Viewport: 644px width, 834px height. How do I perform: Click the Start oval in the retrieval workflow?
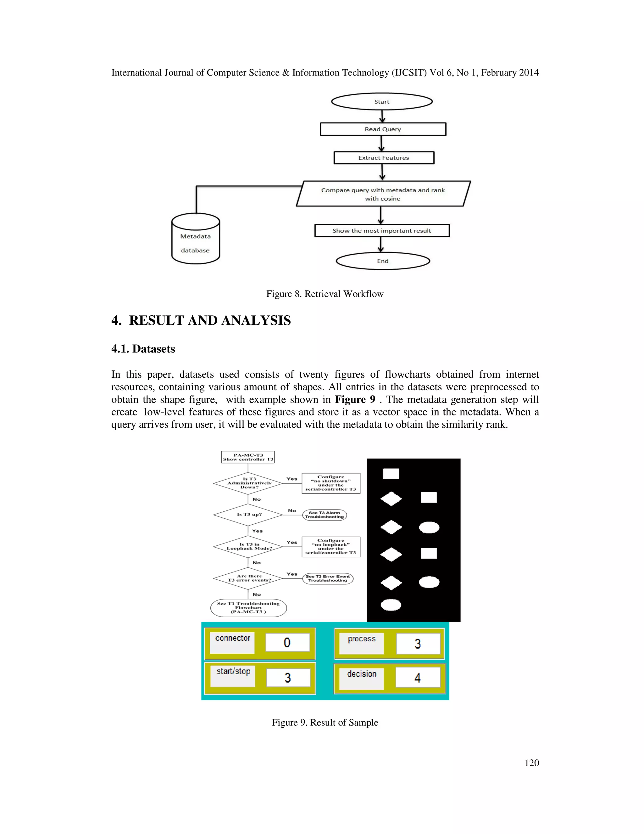381,102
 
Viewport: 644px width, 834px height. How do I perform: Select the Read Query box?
383,129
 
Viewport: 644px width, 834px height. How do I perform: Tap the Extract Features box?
383,158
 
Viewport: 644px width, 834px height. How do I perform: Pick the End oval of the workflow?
383,261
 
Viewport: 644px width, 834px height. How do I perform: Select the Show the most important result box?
381,231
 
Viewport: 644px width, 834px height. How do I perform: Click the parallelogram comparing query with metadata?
383,194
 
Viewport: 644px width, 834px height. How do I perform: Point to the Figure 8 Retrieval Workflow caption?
325,294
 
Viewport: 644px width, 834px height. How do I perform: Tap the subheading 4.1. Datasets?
143,349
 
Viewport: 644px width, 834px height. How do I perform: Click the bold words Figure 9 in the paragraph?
355,399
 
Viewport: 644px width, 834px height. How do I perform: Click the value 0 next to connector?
287,643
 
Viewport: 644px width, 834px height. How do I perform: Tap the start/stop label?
233,671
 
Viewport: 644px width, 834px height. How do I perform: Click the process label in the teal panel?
361,639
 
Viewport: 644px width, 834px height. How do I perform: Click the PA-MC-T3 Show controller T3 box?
248,457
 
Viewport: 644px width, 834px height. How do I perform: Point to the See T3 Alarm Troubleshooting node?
325,515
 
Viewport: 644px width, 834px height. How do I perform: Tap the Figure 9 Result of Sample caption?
325,723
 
